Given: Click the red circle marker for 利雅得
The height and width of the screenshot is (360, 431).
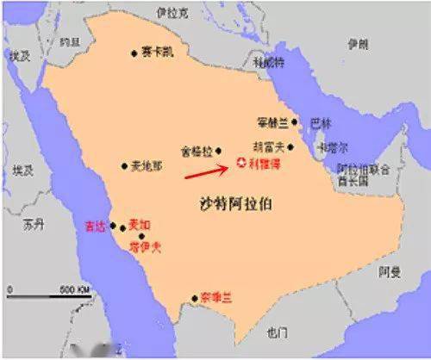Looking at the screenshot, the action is pos(240,162).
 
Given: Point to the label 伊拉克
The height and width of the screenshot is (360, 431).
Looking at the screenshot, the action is pos(171,13).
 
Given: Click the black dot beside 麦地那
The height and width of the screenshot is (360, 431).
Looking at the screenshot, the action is pos(124,165).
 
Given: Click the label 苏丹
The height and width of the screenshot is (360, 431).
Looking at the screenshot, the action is pos(34,225).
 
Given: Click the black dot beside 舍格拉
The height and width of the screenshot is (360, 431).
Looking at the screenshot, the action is pos(219,149).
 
